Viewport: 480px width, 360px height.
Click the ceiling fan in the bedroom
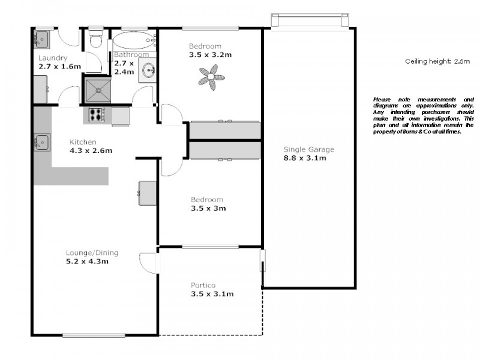[211, 77]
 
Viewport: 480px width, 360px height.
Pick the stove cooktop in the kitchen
[97, 114]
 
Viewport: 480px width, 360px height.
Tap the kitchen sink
[41, 142]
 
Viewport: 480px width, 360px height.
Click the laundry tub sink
[41, 39]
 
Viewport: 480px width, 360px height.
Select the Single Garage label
[309, 149]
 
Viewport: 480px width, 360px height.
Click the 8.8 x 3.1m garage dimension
[305, 158]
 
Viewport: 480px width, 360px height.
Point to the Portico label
[203, 285]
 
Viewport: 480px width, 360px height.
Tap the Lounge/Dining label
[87, 252]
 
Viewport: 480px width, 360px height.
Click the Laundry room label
[52, 58]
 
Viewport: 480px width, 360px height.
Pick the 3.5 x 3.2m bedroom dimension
[211, 55]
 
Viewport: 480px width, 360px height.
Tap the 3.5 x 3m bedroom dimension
[208, 208]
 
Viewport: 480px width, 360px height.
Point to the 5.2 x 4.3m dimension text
[88, 261]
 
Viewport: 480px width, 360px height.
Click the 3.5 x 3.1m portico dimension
[212, 294]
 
